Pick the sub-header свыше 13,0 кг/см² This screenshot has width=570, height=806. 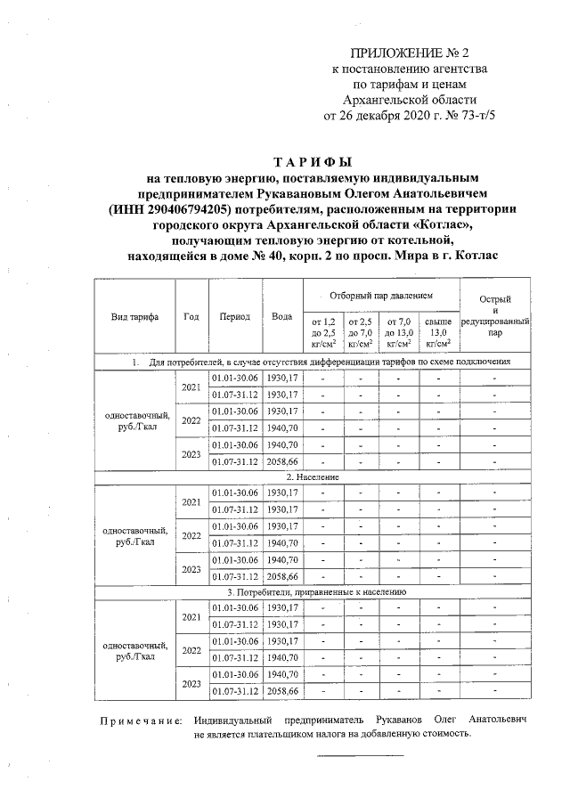[436, 331]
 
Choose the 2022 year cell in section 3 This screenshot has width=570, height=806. [191, 650]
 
